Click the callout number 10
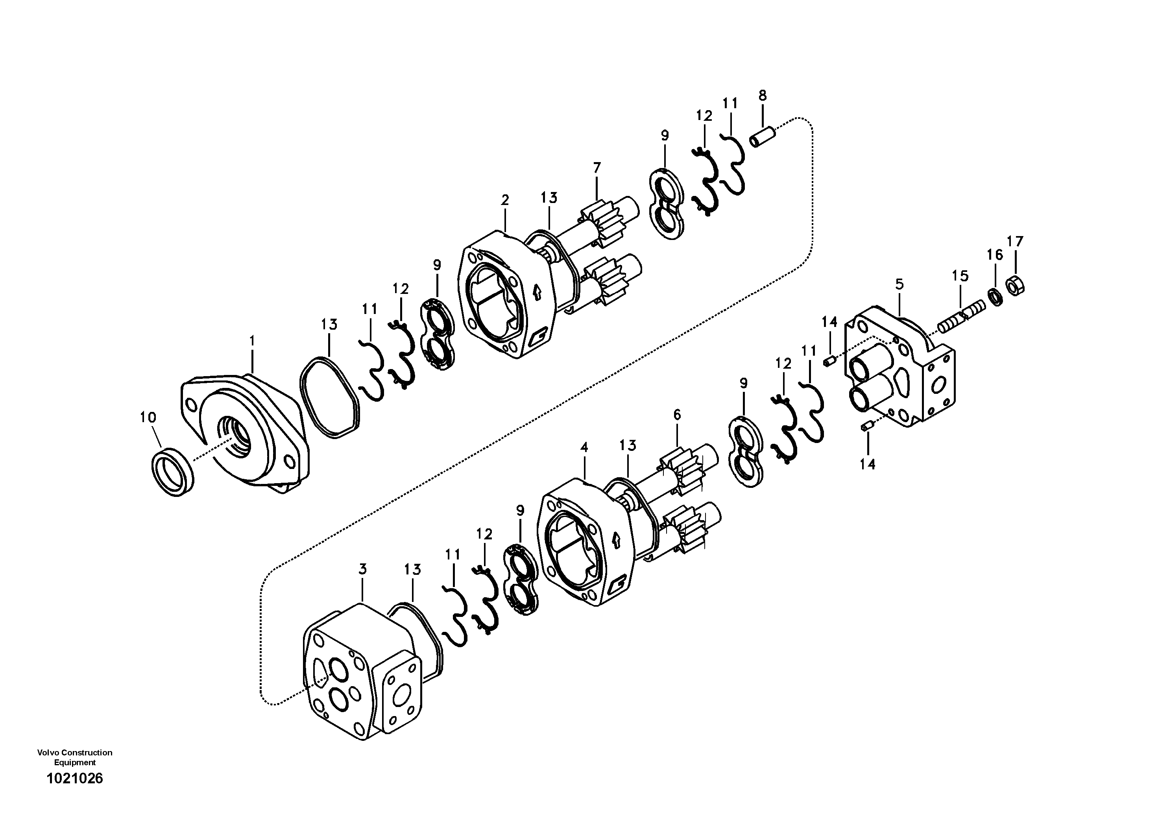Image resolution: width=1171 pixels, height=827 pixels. click(148, 417)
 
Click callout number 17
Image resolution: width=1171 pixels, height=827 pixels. click(1015, 241)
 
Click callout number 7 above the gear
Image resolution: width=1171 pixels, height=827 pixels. click(597, 168)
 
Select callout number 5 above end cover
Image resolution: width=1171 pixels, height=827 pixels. click(899, 284)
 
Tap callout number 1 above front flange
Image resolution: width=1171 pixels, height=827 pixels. click(252, 341)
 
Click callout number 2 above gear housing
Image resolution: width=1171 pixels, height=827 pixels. click(505, 200)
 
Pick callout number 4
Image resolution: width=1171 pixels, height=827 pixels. click(584, 447)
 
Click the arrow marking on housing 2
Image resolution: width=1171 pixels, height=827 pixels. click(536, 292)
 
